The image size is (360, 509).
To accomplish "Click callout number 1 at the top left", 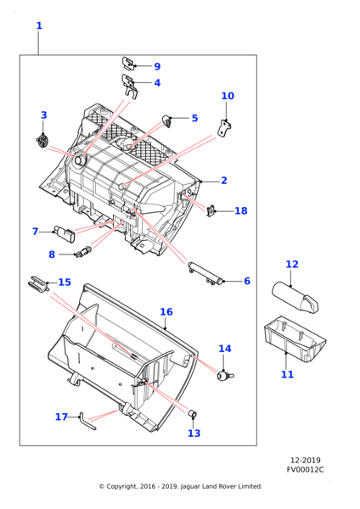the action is (39, 25).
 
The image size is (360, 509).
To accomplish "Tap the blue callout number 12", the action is (292, 264).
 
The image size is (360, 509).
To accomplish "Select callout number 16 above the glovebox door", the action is (166, 312).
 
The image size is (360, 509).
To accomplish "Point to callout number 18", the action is (241, 211).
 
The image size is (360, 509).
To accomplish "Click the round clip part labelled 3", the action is (42, 141).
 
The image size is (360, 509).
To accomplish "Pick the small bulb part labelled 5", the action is (167, 120).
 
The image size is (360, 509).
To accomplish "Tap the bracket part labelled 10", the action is (226, 128).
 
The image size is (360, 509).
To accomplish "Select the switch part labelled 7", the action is (65, 232).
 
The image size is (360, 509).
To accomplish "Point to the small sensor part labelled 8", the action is (84, 252).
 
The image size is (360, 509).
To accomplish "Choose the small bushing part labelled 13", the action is (193, 414).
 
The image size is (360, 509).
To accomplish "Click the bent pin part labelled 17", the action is (87, 422).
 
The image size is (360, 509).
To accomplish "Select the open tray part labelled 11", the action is (295, 339).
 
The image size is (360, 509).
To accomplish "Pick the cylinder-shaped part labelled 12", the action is (295, 297).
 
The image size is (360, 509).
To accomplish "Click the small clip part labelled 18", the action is (211, 210).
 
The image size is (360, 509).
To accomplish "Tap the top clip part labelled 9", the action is (129, 64).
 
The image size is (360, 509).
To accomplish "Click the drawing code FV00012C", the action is (305, 470).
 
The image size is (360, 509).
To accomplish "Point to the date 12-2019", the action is (305, 461).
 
